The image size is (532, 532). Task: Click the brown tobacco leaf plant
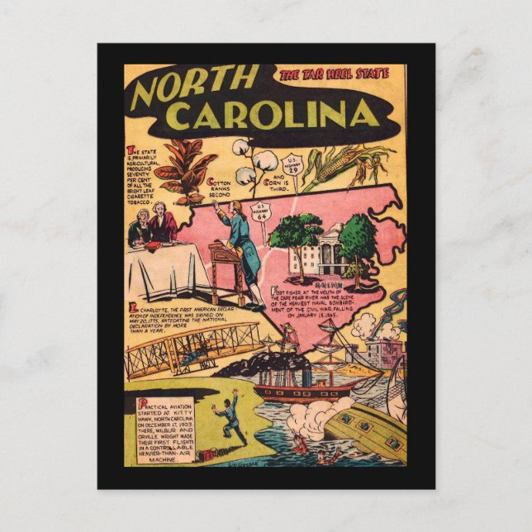coord(187,171)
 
